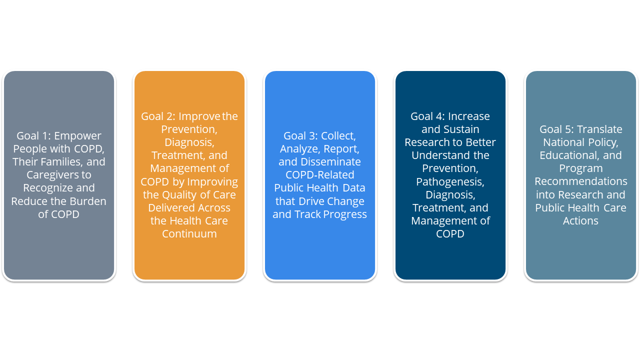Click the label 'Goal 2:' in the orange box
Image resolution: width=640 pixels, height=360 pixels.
158,116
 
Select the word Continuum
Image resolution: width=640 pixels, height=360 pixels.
189,234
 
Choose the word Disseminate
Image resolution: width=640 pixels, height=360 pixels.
330,162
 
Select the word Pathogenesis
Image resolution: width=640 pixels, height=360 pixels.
450,181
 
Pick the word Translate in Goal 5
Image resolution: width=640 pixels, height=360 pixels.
599,129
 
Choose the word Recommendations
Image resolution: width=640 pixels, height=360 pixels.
581,181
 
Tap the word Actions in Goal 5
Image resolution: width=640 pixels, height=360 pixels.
581,221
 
